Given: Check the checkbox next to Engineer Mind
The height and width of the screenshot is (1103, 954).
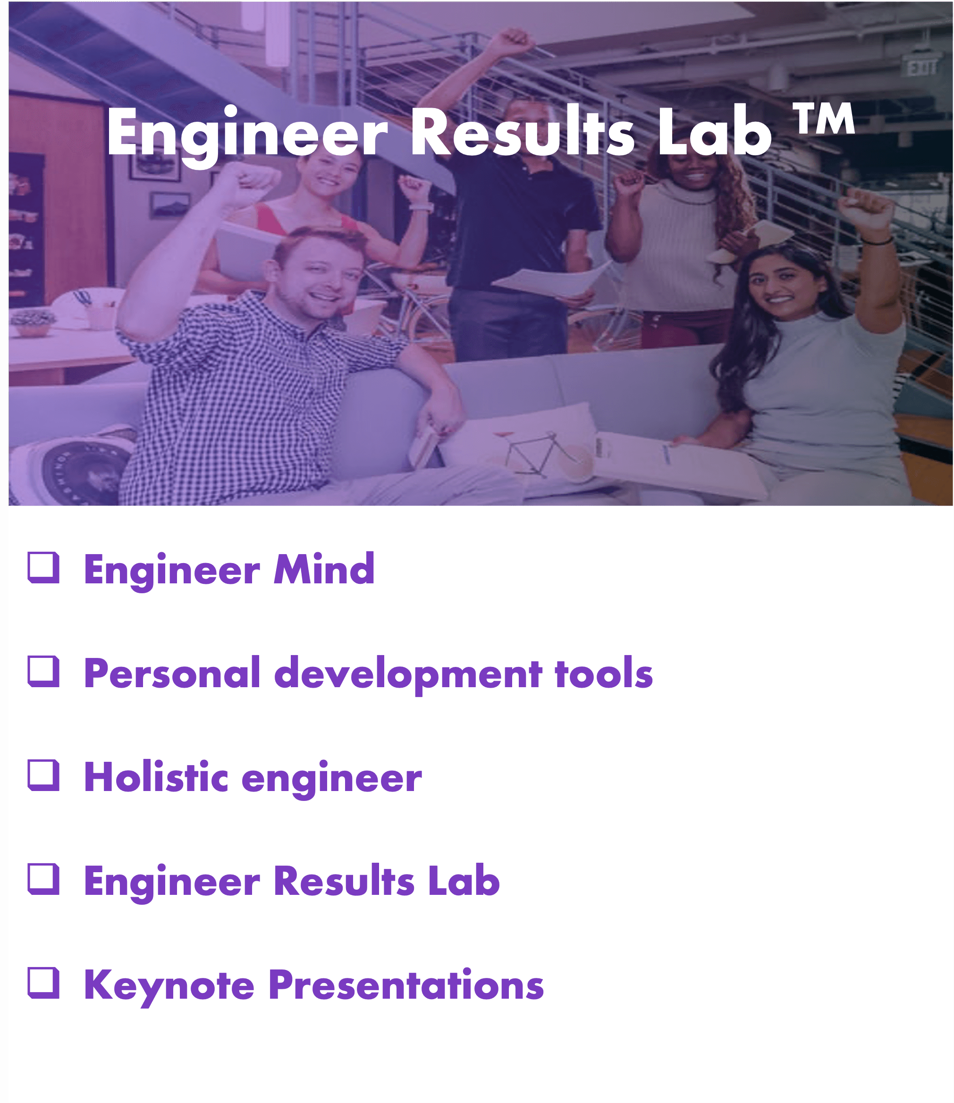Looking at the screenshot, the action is (x=43, y=567).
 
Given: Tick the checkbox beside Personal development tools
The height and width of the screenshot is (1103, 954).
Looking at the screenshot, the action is (x=43, y=671).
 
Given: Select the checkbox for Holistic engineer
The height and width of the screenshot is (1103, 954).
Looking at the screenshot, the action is (x=43, y=775).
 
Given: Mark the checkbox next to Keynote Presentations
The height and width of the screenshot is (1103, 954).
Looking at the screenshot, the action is (x=43, y=983).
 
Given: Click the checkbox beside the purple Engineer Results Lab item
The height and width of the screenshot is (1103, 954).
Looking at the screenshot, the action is (x=43, y=879).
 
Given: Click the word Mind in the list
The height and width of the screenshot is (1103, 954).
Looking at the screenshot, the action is (x=324, y=569).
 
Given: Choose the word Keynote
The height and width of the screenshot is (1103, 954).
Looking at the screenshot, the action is (x=169, y=986).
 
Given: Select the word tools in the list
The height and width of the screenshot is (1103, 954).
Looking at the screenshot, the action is (x=604, y=674).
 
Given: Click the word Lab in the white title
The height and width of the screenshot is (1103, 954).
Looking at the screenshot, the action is (x=714, y=131).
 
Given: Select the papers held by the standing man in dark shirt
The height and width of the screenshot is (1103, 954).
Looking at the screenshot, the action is (x=549, y=279).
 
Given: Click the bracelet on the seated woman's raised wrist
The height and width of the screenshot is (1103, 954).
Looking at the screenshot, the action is (x=877, y=241).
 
